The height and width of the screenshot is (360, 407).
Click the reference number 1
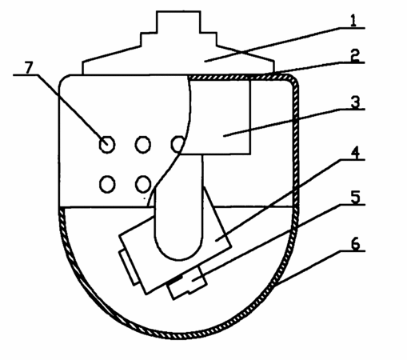353,21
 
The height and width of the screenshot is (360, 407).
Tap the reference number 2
355,55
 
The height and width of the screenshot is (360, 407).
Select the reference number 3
355,102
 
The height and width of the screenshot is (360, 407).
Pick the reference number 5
355,198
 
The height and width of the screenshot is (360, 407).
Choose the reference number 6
355,243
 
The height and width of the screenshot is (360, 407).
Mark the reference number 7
29,68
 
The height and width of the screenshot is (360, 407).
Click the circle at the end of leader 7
107,145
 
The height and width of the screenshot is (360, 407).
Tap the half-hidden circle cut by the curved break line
178,144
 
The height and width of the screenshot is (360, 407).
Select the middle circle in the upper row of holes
143,145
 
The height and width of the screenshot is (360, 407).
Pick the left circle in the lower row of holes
107,184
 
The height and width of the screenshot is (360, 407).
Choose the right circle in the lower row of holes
143,184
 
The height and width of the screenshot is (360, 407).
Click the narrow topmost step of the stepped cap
178,22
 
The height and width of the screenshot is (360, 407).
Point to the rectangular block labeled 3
218,117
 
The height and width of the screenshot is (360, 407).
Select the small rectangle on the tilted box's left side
129,267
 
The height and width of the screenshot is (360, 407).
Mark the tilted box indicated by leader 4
174,246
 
